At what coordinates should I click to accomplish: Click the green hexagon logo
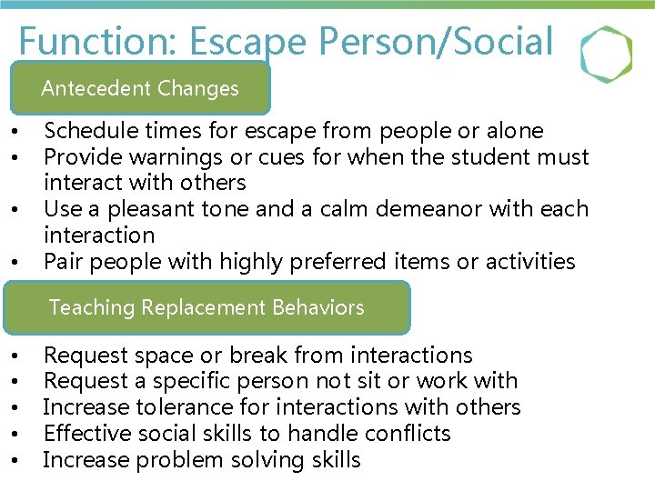[606, 55]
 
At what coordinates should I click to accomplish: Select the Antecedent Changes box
[140, 88]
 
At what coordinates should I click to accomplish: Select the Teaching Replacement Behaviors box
[207, 307]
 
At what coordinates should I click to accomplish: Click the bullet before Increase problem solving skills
[19, 461]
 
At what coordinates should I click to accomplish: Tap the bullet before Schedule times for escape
[19, 133]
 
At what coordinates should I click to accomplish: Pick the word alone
[511, 131]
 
